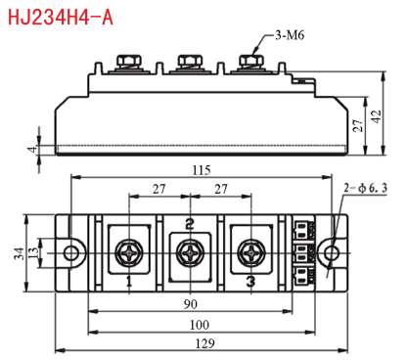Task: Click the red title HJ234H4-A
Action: coord(61,17)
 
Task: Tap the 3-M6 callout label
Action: coord(290,35)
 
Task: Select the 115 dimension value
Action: coord(202,170)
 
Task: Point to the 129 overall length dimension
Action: coord(204,343)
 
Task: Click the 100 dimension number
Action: coord(200,325)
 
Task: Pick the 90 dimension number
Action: coord(191,304)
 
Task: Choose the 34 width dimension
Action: coord(19,253)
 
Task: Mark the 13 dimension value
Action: coord(32,253)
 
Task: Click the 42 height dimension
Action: coord(376,116)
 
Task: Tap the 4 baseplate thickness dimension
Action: coord(32,150)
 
